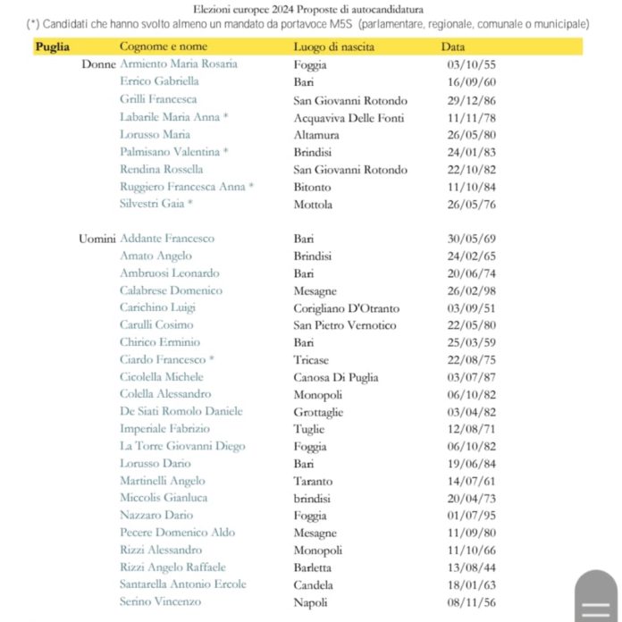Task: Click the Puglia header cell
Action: tap(53, 46)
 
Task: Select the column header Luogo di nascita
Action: tap(333, 46)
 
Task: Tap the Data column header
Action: tap(453, 46)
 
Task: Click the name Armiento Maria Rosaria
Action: tap(179, 64)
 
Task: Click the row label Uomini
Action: tap(97, 239)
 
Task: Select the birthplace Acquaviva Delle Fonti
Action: tap(349, 117)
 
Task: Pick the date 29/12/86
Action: tap(467, 99)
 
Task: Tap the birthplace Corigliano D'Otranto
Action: tap(346, 308)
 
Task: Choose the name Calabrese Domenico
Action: tap(171, 290)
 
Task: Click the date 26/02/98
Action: tap(467, 290)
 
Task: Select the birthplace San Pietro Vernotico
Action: tap(344, 325)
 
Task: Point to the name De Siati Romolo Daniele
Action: tap(181, 412)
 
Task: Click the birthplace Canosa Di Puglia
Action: tap(336, 377)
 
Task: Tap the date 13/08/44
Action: tap(467, 567)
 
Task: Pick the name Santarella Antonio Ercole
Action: tap(183, 584)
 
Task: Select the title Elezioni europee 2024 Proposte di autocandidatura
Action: tap(307, 9)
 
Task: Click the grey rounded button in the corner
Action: tap(595, 596)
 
